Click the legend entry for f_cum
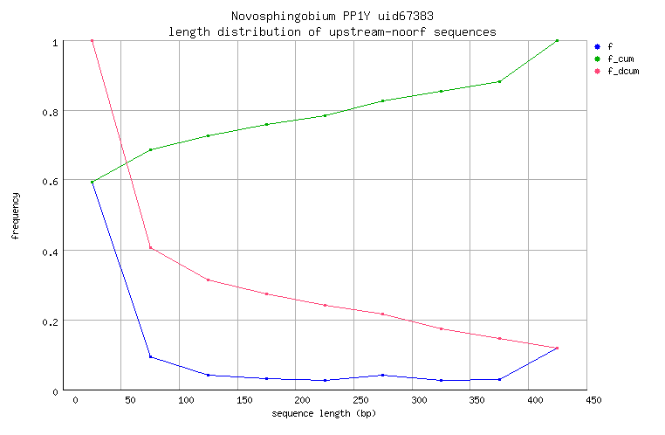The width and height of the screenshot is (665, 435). tap(620, 59)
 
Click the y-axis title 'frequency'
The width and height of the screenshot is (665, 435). tap(15, 216)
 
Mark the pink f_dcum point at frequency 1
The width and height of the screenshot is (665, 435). tap(92, 41)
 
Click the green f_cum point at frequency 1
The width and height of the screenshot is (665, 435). tap(557, 41)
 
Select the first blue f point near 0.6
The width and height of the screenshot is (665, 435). tap(92, 182)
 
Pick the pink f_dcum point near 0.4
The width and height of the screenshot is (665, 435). tap(150, 248)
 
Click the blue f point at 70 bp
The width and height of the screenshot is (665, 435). tap(150, 356)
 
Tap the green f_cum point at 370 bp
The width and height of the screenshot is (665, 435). tap(499, 81)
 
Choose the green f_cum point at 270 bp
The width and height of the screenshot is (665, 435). tap(382, 101)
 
